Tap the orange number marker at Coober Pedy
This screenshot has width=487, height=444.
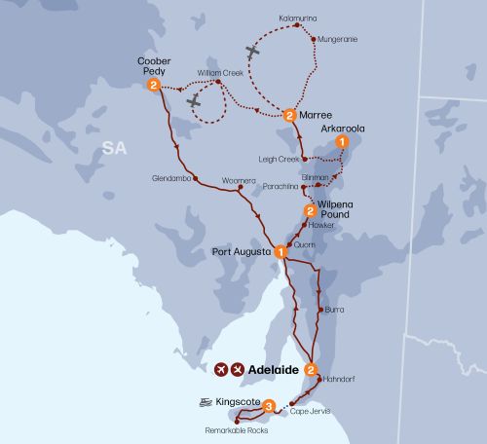coord(154,86)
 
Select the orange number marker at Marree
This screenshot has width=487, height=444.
coord(289,116)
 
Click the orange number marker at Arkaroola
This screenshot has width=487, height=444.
coord(341,142)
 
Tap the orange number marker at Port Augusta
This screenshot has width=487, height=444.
coord(281,251)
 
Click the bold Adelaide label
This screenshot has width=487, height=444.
coord(275,370)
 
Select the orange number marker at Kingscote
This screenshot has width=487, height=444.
coord(269,405)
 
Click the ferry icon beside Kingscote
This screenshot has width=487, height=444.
coord(206,401)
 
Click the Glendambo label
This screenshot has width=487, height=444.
coord(170,178)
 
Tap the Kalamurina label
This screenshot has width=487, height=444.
coord(298,18)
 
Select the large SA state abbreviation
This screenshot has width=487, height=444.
coord(116,147)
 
